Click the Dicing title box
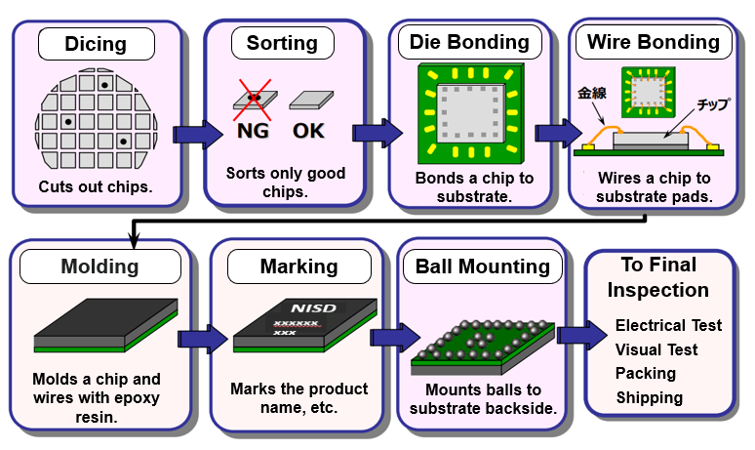point(96,44)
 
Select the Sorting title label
point(282,43)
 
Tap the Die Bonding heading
point(470,42)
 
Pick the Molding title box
point(95,266)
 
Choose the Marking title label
point(298,266)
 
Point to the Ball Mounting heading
point(484,266)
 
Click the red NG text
point(253,130)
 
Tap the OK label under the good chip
point(309,130)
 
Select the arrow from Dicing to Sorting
point(196,134)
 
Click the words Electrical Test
point(668,325)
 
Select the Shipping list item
point(649,397)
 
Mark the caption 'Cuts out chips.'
point(95,185)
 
